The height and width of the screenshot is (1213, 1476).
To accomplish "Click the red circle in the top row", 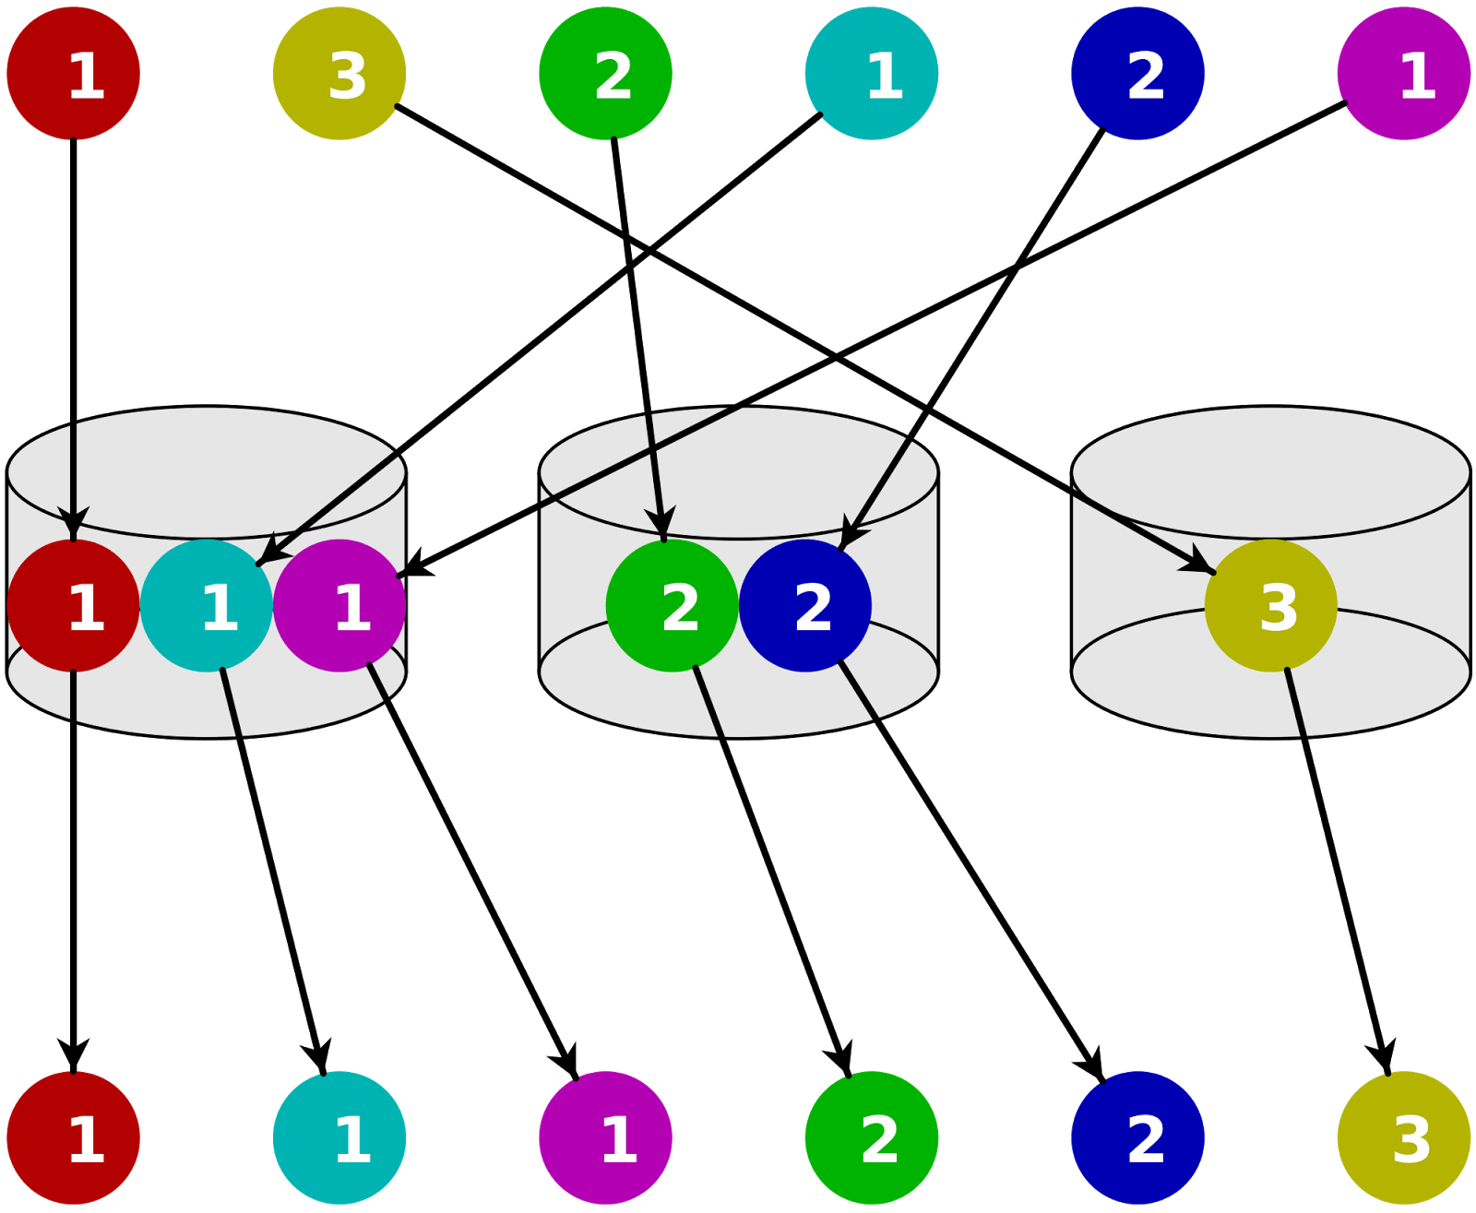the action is click(x=74, y=74).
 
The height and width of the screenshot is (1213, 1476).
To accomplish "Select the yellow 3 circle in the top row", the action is click(x=339, y=74).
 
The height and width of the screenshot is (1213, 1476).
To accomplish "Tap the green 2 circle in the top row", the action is click(x=605, y=74).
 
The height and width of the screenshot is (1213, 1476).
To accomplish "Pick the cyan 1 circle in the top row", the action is click(x=872, y=74).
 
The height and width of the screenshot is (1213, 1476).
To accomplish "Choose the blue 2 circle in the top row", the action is click(x=1137, y=74).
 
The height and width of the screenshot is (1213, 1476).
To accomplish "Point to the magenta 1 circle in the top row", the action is click(x=1403, y=74).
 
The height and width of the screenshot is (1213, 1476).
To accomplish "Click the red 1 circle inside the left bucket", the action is click(x=74, y=606).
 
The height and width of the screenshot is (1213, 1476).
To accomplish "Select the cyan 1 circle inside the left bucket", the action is click(x=207, y=606).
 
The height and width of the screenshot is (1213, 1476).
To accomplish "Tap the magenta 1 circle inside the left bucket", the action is click(x=339, y=606).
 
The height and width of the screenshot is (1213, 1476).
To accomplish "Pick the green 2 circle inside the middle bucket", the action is click(x=673, y=606).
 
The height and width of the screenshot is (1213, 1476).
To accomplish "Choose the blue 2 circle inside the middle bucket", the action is click(x=805, y=606).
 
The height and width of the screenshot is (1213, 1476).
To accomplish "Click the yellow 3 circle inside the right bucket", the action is click(x=1270, y=606).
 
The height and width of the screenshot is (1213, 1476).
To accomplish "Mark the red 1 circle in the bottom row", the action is click(x=74, y=1137).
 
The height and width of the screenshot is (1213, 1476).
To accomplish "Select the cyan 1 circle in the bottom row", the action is click(x=339, y=1137).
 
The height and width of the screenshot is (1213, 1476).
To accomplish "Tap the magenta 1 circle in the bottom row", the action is click(x=605, y=1137).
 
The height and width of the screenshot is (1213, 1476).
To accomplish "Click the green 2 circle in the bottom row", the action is click(x=872, y=1137).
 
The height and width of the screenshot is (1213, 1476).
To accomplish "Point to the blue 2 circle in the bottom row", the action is click(x=1137, y=1137).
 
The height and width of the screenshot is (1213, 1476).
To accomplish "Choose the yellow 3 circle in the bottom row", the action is click(x=1403, y=1137).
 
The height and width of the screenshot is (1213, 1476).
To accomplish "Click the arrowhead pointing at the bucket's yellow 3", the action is click(x=1199, y=563).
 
